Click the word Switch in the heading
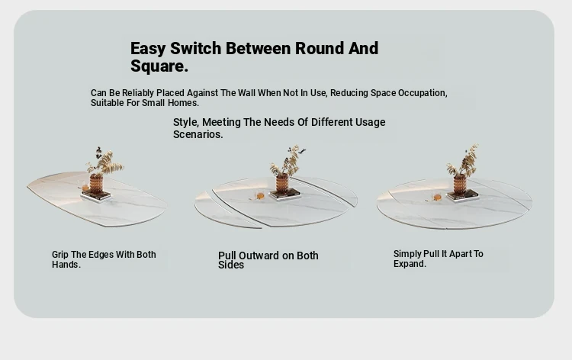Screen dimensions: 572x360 tap(195, 49)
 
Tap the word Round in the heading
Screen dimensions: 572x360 tap(320, 49)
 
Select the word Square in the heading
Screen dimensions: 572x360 tap(158, 67)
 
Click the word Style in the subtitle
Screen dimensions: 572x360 tap(185, 123)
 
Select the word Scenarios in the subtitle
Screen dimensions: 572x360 tap(196, 134)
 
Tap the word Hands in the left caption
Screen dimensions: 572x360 tap(65, 265)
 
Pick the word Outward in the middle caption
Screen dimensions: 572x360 tap(261, 256)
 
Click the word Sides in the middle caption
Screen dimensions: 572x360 tap(231, 265)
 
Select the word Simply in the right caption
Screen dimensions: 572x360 tap(407, 254)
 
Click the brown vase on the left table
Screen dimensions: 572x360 tap(96, 184)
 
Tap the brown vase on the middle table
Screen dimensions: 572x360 tap(282, 183)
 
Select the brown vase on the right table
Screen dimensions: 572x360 tap(460, 184)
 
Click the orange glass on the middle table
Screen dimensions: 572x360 tap(261, 196)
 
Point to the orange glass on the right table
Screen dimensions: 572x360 tap(437, 198)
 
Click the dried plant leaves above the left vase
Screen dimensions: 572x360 tap(104, 161)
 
